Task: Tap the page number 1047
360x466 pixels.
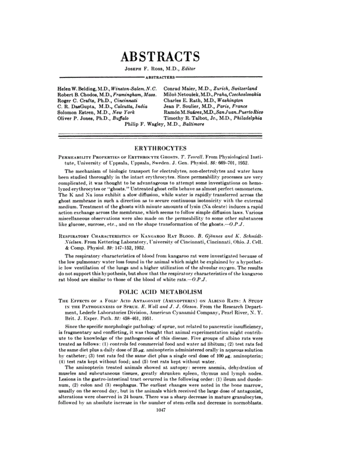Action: tap(161, 410)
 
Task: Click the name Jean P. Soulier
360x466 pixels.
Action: tap(180, 106)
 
